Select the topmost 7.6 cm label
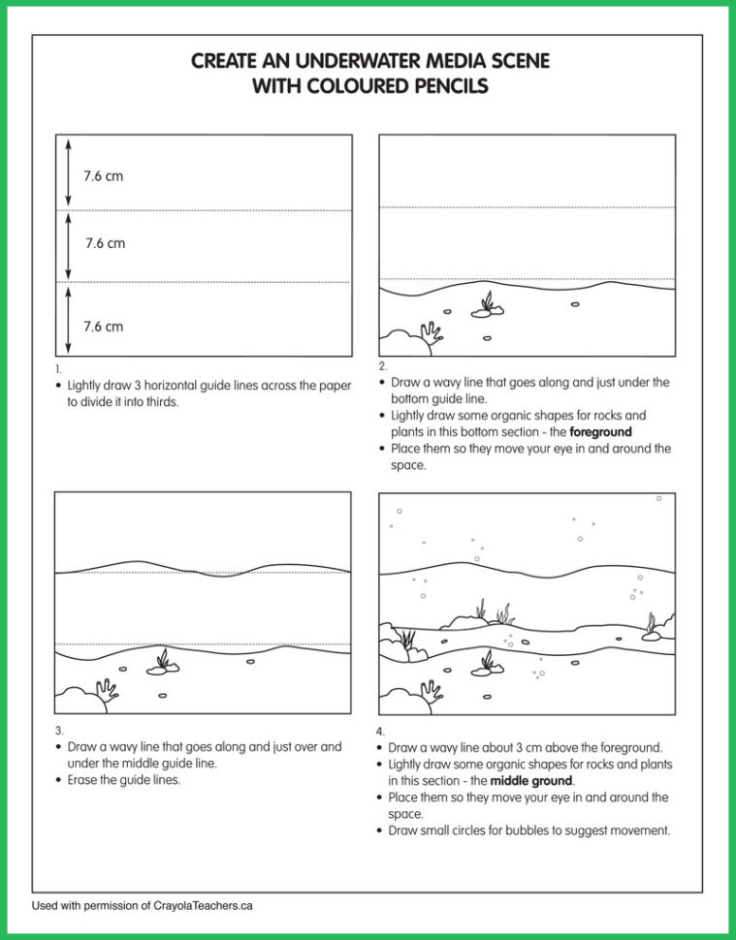103,176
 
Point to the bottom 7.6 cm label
103,327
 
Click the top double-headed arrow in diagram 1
68,172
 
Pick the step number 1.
58,369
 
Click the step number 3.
58,731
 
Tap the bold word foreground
600,432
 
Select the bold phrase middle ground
531,781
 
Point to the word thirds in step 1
159,402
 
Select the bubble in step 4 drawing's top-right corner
658,499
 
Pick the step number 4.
380,732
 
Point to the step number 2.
382,366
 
